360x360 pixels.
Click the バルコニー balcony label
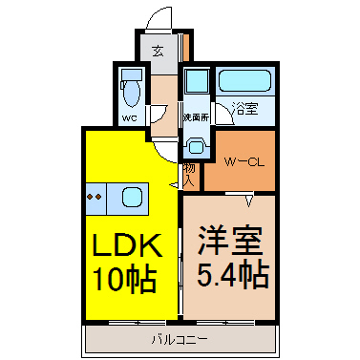click(x=181, y=338)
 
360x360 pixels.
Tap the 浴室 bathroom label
click(x=245, y=109)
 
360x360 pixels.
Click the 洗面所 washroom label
click(x=196, y=118)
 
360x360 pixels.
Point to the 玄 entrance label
click(x=159, y=52)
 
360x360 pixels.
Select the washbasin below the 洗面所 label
click(x=197, y=146)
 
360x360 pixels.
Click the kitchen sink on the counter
click(x=132, y=198)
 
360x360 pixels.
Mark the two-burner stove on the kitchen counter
click(x=95, y=198)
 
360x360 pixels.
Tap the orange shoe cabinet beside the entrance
click(x=186, y=47)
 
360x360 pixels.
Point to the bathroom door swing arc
click(x=222, y=112)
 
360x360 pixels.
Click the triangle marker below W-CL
click(x=247, y=199)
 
